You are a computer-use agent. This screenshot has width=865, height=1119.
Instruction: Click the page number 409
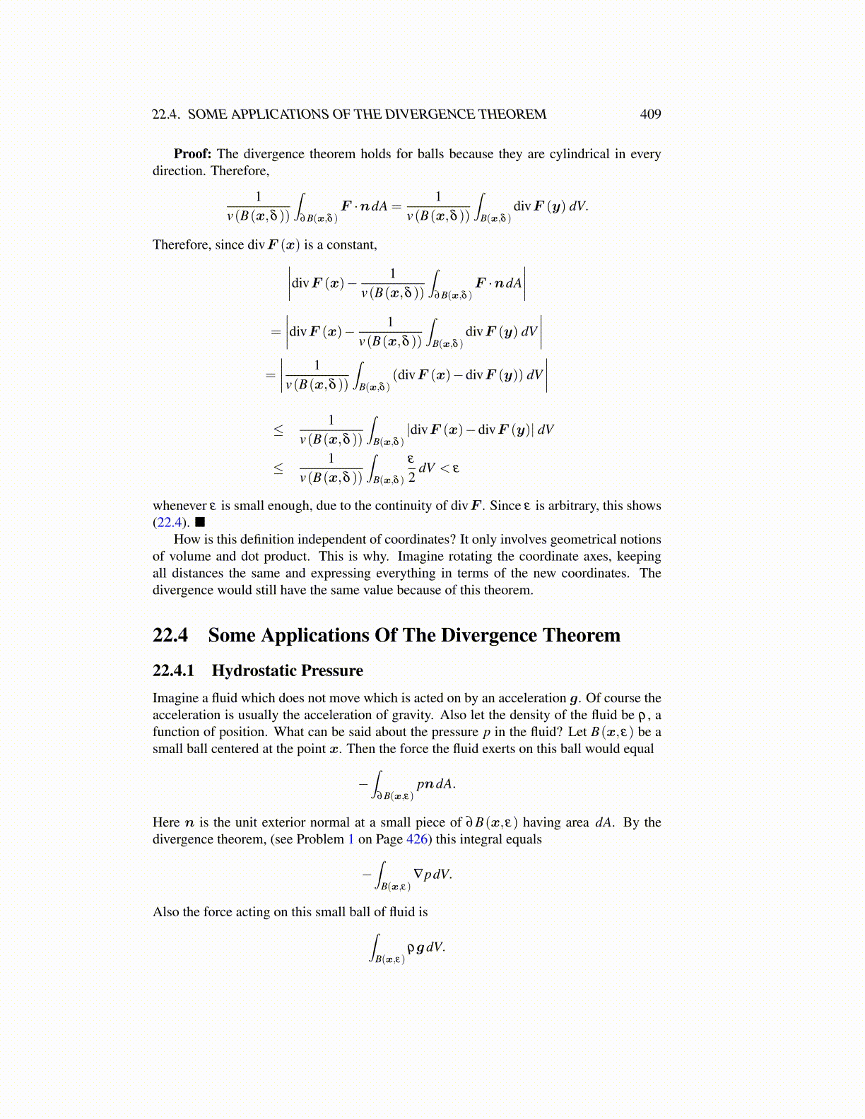point(650,114)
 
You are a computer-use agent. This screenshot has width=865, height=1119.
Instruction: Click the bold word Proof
point(192,154)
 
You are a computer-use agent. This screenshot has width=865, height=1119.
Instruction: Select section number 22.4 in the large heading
point(170,636)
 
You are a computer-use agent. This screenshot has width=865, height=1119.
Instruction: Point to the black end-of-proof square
point(200,523)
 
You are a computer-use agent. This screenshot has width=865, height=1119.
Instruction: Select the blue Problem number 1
point(351,839)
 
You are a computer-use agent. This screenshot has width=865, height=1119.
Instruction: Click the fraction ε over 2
point(411,468)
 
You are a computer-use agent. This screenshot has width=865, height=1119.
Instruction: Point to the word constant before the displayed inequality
point(351,245)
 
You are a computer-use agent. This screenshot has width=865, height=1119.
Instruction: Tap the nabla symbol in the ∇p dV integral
point(418,874)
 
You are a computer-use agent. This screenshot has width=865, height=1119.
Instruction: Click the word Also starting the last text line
point(166,912)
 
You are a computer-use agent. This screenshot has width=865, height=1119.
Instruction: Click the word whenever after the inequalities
point(180,506)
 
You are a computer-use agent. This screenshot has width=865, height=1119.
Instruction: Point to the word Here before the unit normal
point(166,822)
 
